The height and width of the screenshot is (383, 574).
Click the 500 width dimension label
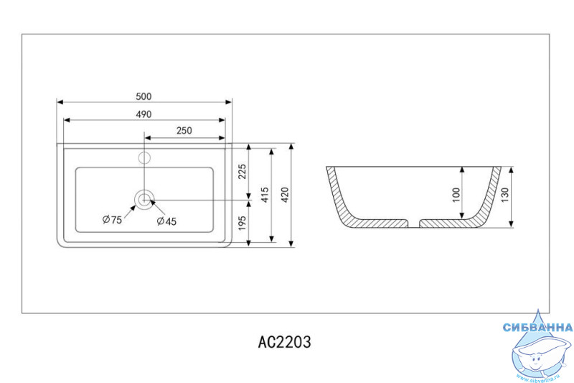[x=143, y=96]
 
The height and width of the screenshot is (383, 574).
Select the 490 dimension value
[x=144, y=114]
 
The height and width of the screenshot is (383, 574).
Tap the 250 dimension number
[x=184, y=131]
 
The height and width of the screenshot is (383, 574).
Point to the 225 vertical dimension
[x=243, y=172]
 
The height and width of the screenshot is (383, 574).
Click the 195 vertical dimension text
[x=243, y=223]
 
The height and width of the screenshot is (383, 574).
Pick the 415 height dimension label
[x=265, y=195]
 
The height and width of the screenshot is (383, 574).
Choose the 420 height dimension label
[x=285, y=195]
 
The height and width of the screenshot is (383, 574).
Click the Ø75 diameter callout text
[x=112, y=220]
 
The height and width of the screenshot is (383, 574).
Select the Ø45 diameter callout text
[x=166, y=221]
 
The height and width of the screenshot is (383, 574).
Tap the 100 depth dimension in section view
[x=456, y=195]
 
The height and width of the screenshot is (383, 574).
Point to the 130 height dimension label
[x=505, y=195]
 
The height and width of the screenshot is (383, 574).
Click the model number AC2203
[x=284, y=342]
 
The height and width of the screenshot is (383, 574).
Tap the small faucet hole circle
[x=144, y=158]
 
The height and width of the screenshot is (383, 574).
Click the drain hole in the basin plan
[x=144, y=200]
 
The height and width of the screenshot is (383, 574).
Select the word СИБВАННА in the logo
[x=537, y=327]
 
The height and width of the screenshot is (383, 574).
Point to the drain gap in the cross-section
[x=413, y=223]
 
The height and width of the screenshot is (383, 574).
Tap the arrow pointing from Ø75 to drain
[x=130, y=211]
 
